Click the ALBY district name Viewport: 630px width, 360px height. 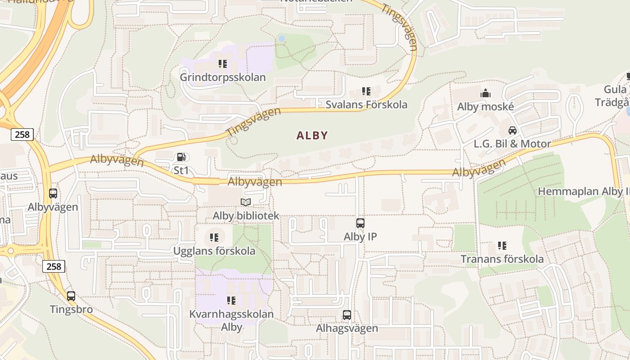pyautogui.click(x=312, y=135)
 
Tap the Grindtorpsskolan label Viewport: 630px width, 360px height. pyautogui.click(x=223, y=77)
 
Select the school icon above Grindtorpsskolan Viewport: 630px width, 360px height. pyautogui.click(x=223, y=64)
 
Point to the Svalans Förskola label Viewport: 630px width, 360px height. pyautogui.click(x=366, y=104)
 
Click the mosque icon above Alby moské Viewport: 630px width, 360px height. pyautogui.click(x=486, y=93)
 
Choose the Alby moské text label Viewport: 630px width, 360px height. pyautogui.click(x=485, y=107)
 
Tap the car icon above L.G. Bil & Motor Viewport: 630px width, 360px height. pyautogui.click(x=512, y=130)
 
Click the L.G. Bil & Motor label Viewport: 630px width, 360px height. pyautogui.click(x=512, y=144)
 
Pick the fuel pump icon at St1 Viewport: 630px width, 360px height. pyautogui.click(x=181, y=157)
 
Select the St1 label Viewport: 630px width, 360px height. pyautogui.click(x=181, y=171)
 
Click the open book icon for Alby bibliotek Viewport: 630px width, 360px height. pyautogui.click(x=246, y=202)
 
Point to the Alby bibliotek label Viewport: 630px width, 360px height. pyautogui.click(x=246, y=216)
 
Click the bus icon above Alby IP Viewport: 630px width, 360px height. pyautogui.click(x=360, y=223)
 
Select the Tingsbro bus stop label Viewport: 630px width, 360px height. pyautogui.click(x=71, y=310)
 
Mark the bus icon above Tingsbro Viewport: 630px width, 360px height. pyautogui.click(x=71, y=296)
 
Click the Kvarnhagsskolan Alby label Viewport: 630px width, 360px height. pyautogui.click(x=231, y=320)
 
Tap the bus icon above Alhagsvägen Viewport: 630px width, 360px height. pyautogui.click(x=347, y=315)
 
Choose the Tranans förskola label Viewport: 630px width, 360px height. pyautogui.click(x=502, y=259)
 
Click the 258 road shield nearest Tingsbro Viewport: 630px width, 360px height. pyautogui.click(x=54, y=266)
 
